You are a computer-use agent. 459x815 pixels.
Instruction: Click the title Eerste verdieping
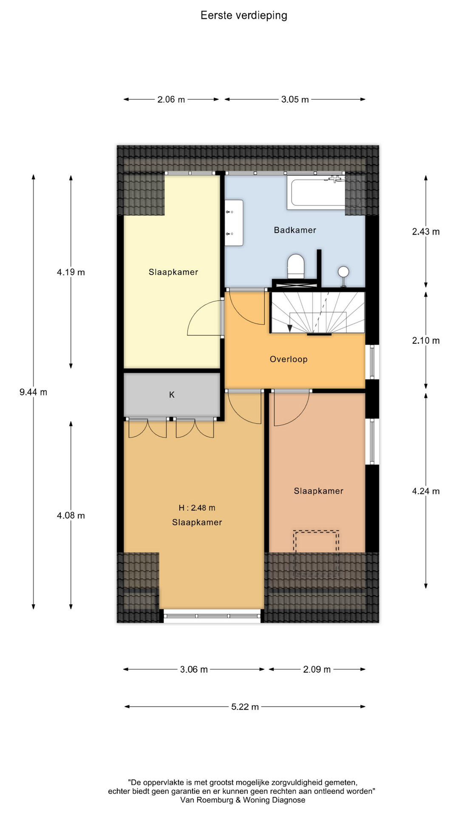pyautogui.click(x=244, y=16)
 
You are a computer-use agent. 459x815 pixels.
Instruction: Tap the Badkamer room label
pyautogui.click(x=295, y=230)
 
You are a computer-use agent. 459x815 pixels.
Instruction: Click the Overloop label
pyautogui.click(x=289, y=359)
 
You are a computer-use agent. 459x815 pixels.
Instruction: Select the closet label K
pyautogui.click(x=172, y=395)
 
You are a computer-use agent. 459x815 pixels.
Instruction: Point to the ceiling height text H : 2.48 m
pyautogui.click(x=197, y=508)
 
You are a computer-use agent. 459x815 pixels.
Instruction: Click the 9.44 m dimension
pyautogui.click(x=33, y=392)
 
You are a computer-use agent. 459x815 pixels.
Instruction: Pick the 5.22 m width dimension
pyautogui.click(x=245, y=707)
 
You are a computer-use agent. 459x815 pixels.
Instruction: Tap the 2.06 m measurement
pyautogui.click(x=171, y=100)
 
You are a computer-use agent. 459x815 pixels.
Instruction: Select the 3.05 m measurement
pyautogui.click(x=295, y=100)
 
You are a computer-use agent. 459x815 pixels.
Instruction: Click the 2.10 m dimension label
pyautogui.click(x=426, y=340)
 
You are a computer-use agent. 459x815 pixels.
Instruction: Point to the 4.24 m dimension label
pyautogui.click(x=426, y=491)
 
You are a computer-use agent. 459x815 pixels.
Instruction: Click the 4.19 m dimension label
pyautogui.click(x=71, y=272)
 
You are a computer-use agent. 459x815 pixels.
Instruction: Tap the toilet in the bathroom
pyautogui.click(x=296, y=267)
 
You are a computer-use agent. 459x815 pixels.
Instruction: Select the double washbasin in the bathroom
pyautogui.click(x=234, y=223)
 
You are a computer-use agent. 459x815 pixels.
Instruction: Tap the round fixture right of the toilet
pyautogui.click(x=343, y=272)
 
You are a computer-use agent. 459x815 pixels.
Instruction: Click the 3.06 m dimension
pyautogui.click(x=194, y=669)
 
